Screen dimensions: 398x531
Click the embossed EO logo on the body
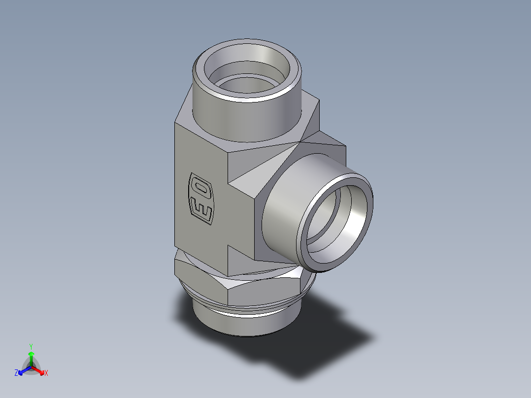point(200,200)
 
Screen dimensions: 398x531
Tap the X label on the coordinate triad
point(46,373)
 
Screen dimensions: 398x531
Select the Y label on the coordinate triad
point(31,346)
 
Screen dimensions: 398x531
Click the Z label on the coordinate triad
point(16,373)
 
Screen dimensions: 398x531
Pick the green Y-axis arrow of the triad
point(31,357)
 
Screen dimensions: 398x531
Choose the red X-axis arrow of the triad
point(39,370)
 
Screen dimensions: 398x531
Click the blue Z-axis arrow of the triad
point(23,370)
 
